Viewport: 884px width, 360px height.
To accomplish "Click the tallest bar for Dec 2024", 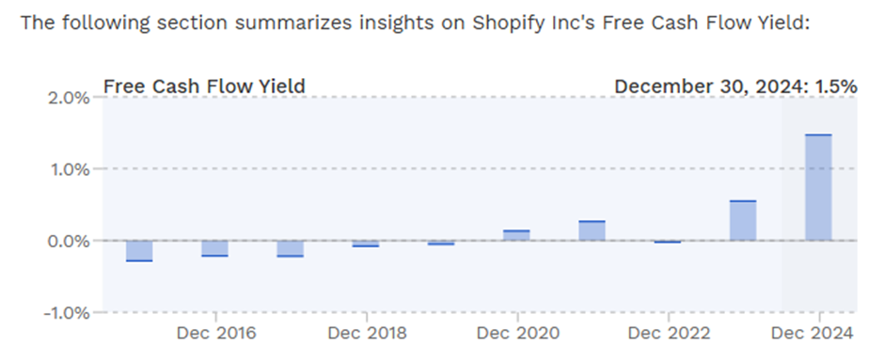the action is coord(818,188).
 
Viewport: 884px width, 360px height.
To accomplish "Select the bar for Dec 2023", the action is coord(743,220).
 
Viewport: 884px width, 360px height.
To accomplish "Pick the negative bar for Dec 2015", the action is coord(139,251).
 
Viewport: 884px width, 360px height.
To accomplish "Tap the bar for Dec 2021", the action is coord(592,230).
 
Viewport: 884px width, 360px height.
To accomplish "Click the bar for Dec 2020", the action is coord(516,236).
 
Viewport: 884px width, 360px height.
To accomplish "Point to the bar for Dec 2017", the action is coord(291,249).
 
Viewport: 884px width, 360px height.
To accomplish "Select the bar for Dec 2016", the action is coord(214,248).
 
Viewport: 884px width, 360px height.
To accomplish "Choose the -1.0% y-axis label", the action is coord(67,313).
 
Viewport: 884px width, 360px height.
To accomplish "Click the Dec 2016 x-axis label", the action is coord(216,333).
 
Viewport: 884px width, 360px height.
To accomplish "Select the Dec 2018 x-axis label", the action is coord(367,333).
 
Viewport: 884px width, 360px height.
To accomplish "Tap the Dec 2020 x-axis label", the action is coord(518,333).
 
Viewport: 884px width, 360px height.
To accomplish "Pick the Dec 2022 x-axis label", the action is coord(669,333).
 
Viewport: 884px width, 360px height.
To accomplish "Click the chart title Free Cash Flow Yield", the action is coord(204,86).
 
